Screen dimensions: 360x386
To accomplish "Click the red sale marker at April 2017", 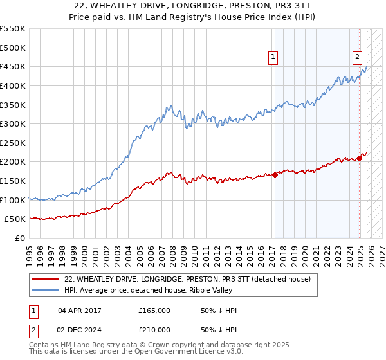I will click(x=275, y=174).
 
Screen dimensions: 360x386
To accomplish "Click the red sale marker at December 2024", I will click(x=360, y=158).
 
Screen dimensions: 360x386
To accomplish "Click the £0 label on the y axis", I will click(x=19, y=239).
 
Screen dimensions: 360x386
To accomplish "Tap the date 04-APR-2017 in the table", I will click(x=80, y=310).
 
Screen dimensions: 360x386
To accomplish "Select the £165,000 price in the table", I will click(x=154, y=310).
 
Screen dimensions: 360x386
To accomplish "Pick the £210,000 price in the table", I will click(x=154, y=330).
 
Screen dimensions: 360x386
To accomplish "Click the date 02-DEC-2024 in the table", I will click(x=80, y=330).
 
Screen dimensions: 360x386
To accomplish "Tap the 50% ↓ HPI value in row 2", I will click(x=219, y=330).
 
